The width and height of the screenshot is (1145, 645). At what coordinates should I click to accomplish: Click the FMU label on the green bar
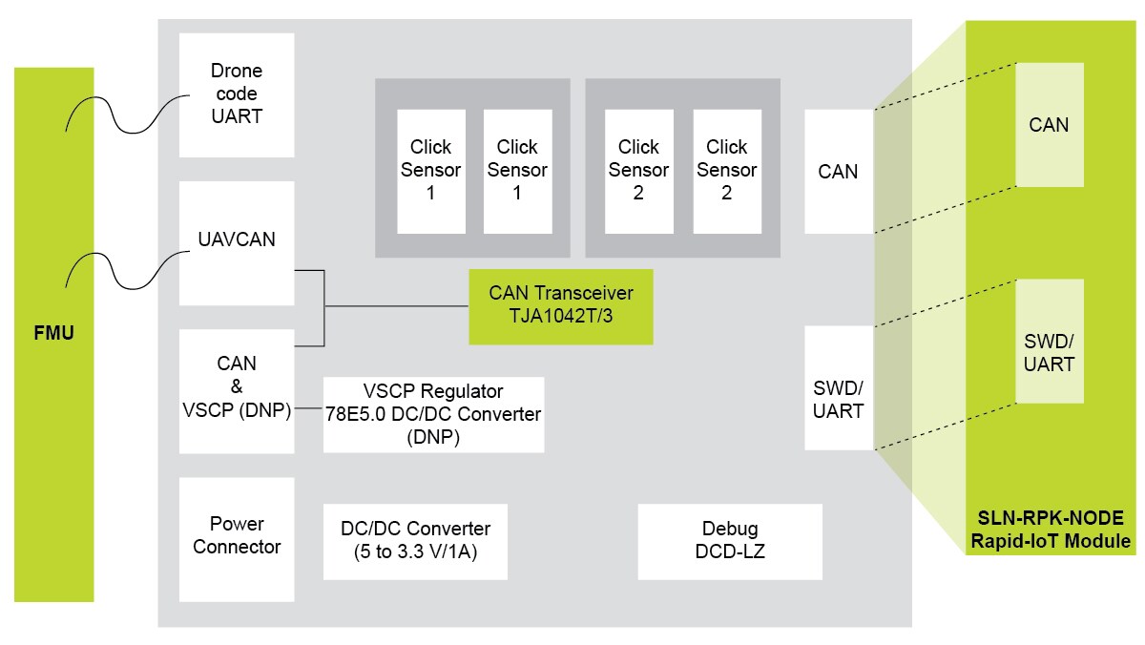pos(53,335)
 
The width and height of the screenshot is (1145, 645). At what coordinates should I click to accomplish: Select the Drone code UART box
pos(237,94)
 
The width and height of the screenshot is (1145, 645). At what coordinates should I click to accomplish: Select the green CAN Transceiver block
pos(560,305)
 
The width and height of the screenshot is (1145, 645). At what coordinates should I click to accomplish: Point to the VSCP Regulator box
pos(433,414)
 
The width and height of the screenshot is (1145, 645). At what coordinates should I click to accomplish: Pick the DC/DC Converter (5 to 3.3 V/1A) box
pos(414,541)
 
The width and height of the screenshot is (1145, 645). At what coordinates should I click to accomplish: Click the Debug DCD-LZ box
pos(729,541)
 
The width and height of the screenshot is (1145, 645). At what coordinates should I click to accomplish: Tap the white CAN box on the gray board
pos(838,172)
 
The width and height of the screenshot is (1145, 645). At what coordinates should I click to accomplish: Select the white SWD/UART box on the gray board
pos(838,387)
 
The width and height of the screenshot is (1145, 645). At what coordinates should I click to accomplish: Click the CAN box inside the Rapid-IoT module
pos(1049,125)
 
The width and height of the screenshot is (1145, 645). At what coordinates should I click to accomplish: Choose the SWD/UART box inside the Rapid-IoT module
pos(1049,341)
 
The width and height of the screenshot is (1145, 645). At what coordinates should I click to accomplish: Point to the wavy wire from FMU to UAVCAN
pos(124,269)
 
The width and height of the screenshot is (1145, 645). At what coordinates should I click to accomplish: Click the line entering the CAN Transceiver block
pos(401,306)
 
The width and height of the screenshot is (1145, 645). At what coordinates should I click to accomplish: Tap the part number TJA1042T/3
pos(560,317)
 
